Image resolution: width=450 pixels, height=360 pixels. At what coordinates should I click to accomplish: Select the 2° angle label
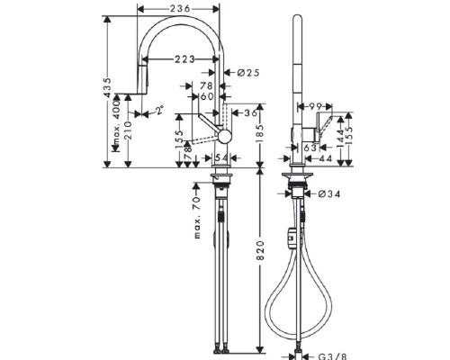[159, 112]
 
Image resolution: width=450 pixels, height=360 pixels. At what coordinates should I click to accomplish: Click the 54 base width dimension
[220, 158]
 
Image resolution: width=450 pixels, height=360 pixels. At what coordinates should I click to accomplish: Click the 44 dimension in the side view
[323, 158]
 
